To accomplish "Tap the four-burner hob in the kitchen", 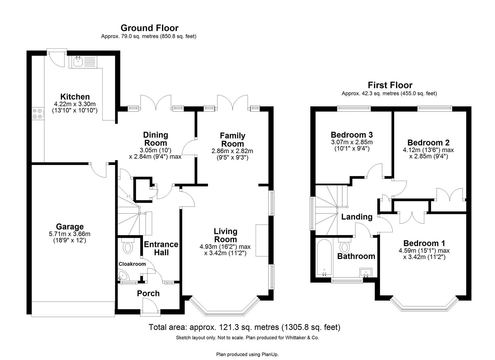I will pos(37,113).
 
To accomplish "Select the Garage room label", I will pos(70,227).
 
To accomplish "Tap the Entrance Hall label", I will pos(161,248).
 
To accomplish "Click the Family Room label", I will pos(232,140).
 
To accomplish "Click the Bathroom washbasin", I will pos(366,272).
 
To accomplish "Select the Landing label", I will pos(357,217).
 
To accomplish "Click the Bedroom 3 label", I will pos(352,135).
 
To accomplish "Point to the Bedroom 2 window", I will pos(434,108).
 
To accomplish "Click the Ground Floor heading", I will pos(149,28).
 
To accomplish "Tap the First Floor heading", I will pos(390,85).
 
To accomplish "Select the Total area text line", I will pos(245,327).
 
